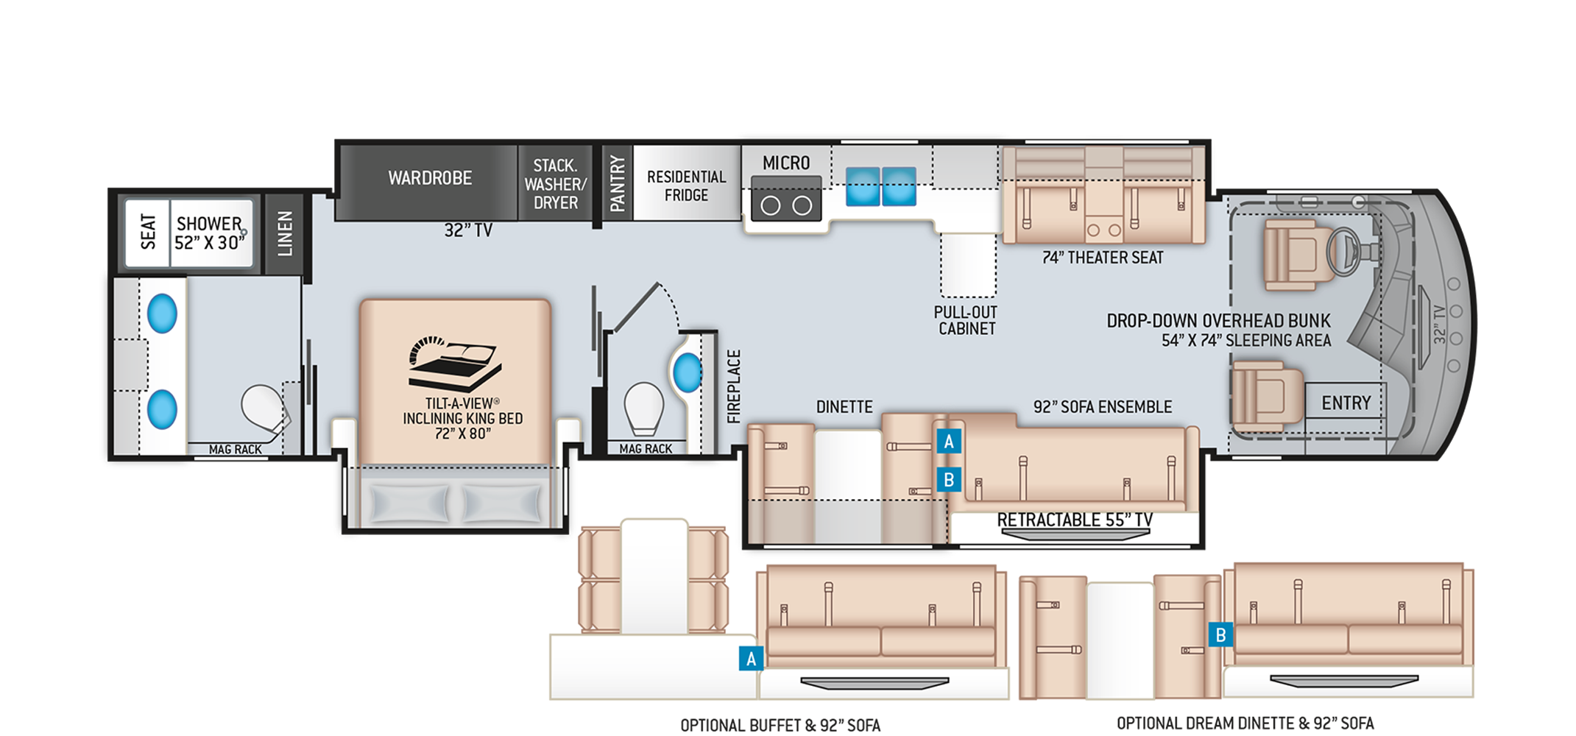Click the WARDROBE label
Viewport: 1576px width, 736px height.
point(430,178)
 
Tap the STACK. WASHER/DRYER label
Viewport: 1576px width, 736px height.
point(555,184)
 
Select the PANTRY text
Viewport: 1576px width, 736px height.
point(617,183)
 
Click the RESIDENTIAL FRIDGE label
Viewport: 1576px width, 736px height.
point(686,186)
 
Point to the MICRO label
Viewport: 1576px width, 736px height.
point(785,163)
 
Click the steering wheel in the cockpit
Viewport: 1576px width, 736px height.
point(1343,251)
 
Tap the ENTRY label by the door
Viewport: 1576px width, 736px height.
point(1346,403)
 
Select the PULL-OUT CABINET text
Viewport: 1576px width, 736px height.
point(966,321)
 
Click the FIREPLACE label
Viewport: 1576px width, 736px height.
point(734,386)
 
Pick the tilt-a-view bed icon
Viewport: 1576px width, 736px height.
point(454,364)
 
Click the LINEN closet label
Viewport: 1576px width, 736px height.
point(285,233)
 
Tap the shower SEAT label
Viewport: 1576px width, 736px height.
point(148,232)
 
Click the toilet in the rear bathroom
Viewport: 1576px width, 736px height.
point(264,408)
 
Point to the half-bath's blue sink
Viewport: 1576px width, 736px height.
point(688,372)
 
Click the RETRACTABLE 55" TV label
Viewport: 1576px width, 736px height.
point(1075,520)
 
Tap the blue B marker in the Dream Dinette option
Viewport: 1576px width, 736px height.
point(1220,634)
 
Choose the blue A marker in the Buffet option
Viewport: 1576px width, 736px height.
point(751,659)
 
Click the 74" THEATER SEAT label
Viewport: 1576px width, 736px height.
point(1102,258)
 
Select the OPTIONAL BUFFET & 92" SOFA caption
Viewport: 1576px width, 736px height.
point(780,726)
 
